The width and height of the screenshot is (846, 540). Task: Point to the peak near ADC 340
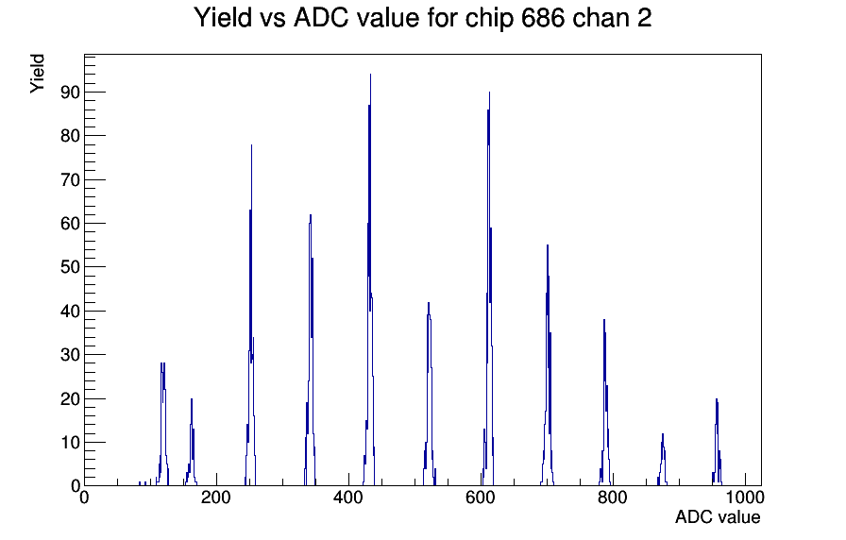(x=311, y=350)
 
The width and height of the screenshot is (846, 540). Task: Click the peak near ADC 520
(x=429, y=394)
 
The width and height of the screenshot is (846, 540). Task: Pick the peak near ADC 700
(x=548, y=367)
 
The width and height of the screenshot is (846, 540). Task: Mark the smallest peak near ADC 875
(x=663, y=460)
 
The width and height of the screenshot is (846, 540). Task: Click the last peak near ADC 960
(x=717, y=443)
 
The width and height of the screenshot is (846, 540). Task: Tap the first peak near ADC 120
(x=162, y=424)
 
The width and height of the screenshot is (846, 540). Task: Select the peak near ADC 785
(x=605, y=402)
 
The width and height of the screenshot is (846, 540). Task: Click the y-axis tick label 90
(x=70, y=93)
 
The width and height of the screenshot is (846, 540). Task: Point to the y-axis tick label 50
(x=70, y=267)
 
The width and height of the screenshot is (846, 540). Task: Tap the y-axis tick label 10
(x=70, y=443)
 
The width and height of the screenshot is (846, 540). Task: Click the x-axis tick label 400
(x=348, y=497)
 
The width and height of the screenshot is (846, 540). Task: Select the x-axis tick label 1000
(x=745, y=497)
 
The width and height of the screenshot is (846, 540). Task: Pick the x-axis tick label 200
(x=216, y=497)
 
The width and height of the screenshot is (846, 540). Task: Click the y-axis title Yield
(x=37, y=74)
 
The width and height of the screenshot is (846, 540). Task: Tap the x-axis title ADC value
(x=718, y=516)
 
